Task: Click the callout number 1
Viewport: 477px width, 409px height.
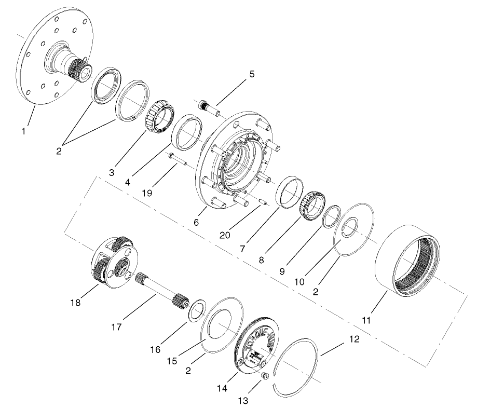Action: (x=23, y=131)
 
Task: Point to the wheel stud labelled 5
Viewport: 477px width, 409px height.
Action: (x=209, y=107)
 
